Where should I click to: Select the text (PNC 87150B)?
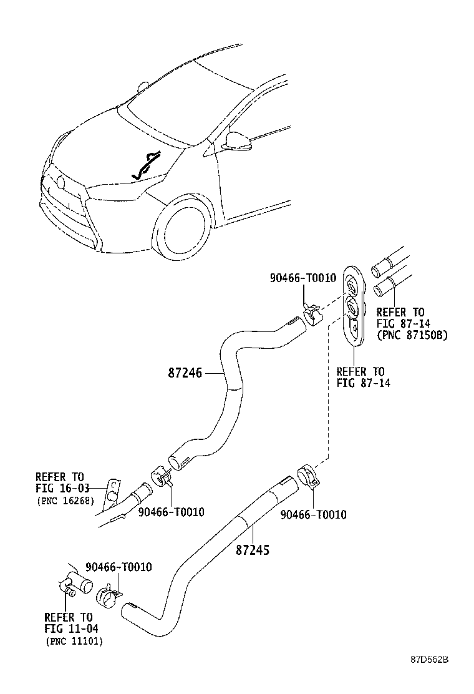[412, 335]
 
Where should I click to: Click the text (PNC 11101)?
[74, 641]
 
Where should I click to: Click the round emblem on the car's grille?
[60, 183]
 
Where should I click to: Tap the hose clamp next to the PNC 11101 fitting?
[110, 595]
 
